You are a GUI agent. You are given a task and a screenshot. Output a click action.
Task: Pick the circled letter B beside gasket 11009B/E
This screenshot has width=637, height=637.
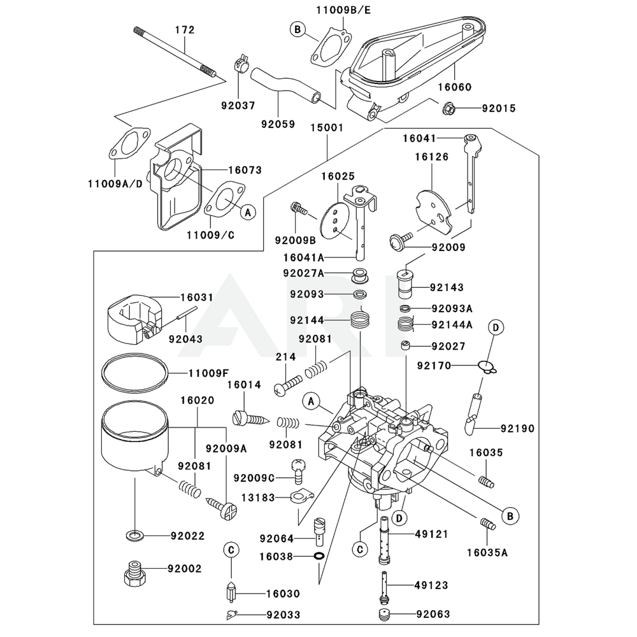pyautogui.click(x=297, y=29)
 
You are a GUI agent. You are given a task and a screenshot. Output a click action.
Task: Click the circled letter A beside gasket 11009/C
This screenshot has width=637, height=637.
pyautogui.click(x=248, y=212)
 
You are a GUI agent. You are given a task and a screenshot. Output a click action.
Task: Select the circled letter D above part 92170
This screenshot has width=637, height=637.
pyautogui.click(x=496, y=327)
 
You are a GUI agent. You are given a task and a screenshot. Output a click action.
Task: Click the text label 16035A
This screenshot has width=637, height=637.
pyautogui.click(x=487, y=553)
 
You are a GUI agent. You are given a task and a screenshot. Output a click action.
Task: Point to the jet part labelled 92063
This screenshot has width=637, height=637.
pyautogui.click(x=384, y=615)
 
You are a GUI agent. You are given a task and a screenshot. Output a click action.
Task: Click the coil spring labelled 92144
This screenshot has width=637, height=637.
pyautogui.click(x=361, y=317)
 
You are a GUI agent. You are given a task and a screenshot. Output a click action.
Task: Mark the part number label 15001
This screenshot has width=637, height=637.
pyautogui.click(x=327, y=127)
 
